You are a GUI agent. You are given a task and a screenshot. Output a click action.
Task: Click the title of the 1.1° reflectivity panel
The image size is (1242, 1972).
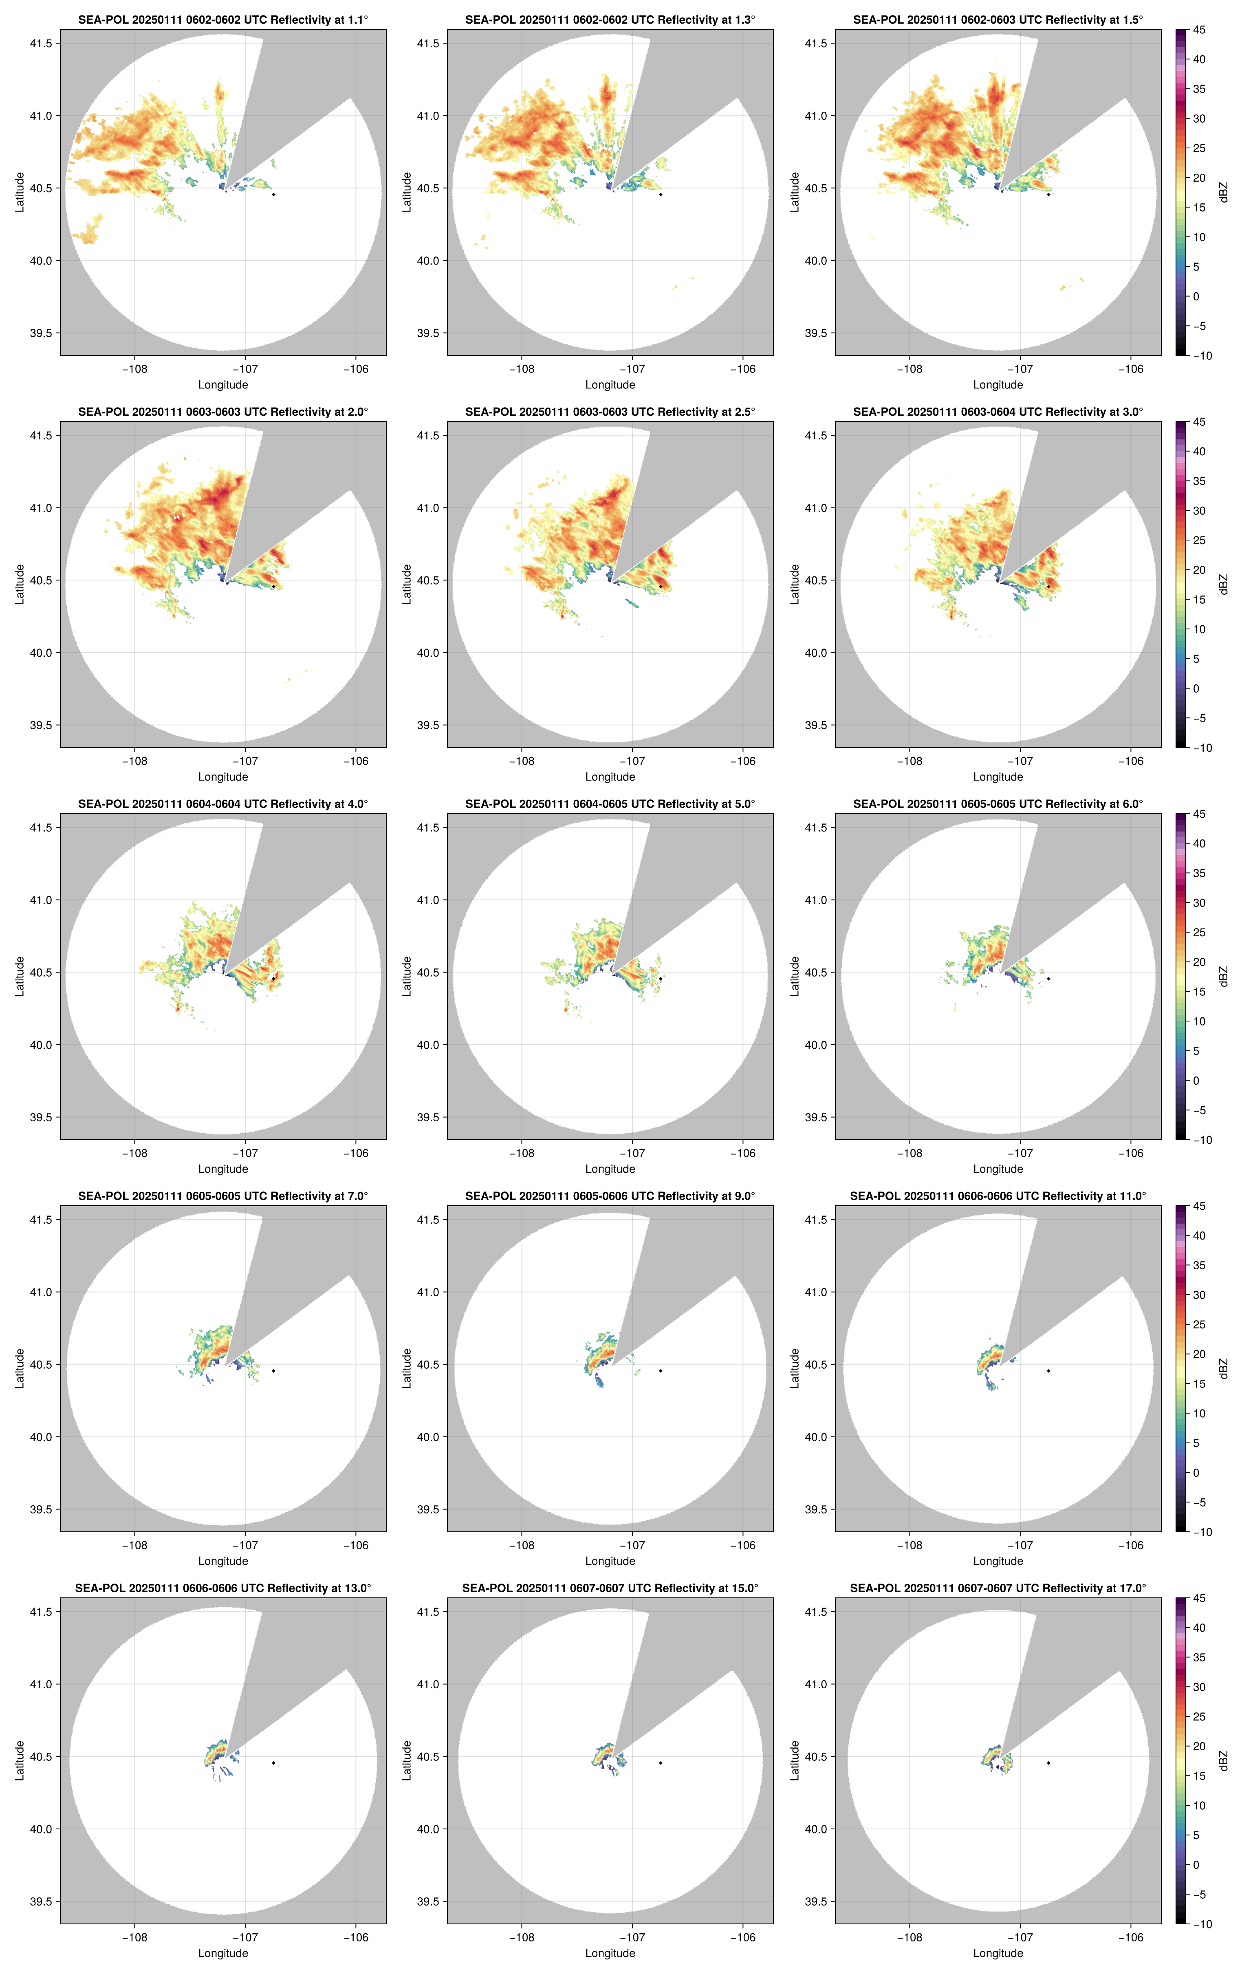(x=223, y=20)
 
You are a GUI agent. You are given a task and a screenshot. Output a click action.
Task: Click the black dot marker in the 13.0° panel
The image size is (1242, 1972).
(x=273, y=1762)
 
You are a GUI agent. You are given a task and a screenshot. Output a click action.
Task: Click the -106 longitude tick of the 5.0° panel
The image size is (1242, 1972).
(x=742, y=1153)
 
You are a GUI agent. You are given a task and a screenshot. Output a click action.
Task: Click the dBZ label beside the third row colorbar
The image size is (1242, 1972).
(x=1223, y=976)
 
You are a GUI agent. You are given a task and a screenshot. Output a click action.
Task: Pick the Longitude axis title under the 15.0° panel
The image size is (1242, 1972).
(x=610, y=1953)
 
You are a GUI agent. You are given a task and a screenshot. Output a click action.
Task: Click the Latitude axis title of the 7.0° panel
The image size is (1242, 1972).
(x=20, y=1368)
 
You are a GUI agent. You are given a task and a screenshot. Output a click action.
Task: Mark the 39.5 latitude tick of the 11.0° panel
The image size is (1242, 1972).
(x=815, y=1509)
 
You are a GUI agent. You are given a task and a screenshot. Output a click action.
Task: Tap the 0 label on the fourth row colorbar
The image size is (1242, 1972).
(x=1196, y=1472)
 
